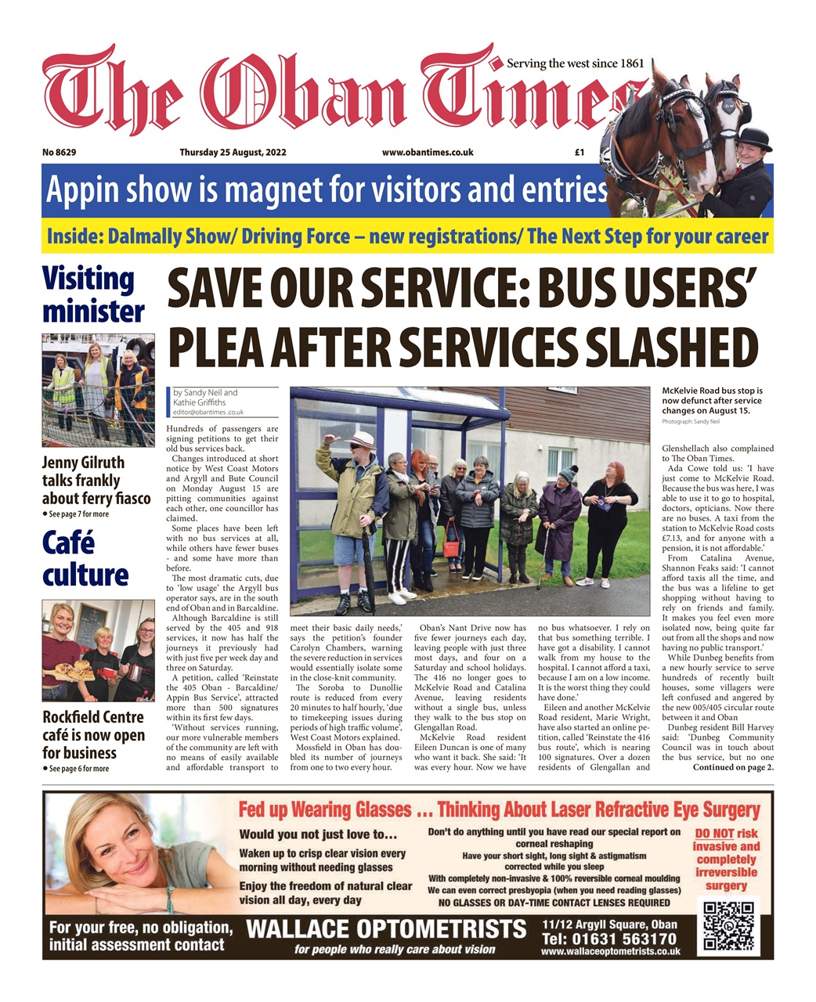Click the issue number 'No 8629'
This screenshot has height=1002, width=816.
(60, 153)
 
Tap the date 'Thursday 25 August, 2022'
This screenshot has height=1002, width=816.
(227, 153)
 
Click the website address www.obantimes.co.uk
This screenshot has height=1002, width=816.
(428, 153)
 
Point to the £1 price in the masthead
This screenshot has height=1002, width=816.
(580, 153)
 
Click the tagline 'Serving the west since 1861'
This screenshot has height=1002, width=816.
(575, 63)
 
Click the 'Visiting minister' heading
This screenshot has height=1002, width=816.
(92, 295)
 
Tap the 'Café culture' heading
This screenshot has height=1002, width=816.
(85, 558)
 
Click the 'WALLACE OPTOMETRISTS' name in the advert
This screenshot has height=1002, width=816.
(386, 929)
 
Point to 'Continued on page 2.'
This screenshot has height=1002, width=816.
(733, 768)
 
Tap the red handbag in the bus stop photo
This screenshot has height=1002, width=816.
(452, 541)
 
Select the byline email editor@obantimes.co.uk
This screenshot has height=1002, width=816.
(208, 412)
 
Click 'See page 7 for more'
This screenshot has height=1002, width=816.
(76, 514)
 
